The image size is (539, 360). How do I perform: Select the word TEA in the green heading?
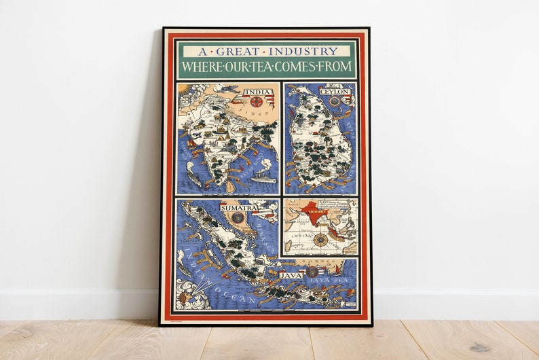[x=268, y=67]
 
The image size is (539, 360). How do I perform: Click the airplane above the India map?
[x=229, y=88]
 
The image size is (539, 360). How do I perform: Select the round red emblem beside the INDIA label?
[x=257, y=102]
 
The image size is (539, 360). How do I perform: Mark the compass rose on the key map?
[x=320, y=239]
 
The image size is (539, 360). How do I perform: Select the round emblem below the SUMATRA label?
[x=238, y=217]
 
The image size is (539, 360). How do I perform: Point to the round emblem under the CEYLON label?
[x=334, y=101]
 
